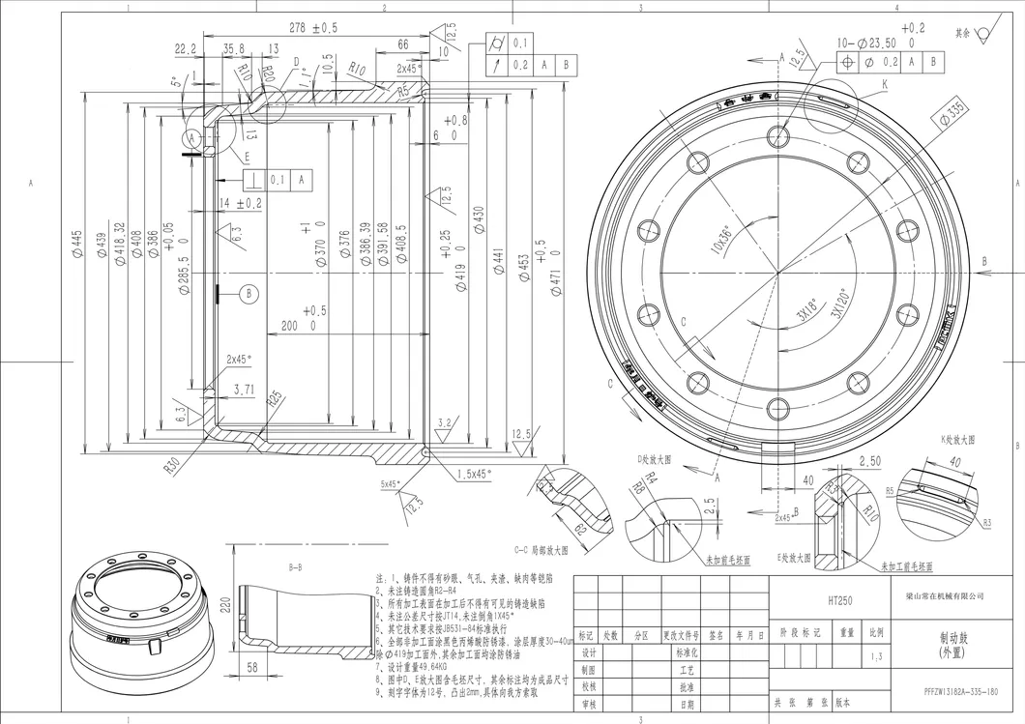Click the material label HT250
839,600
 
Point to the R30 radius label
172,463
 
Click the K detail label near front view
884,84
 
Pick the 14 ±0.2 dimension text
241,203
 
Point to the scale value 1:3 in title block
876,657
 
